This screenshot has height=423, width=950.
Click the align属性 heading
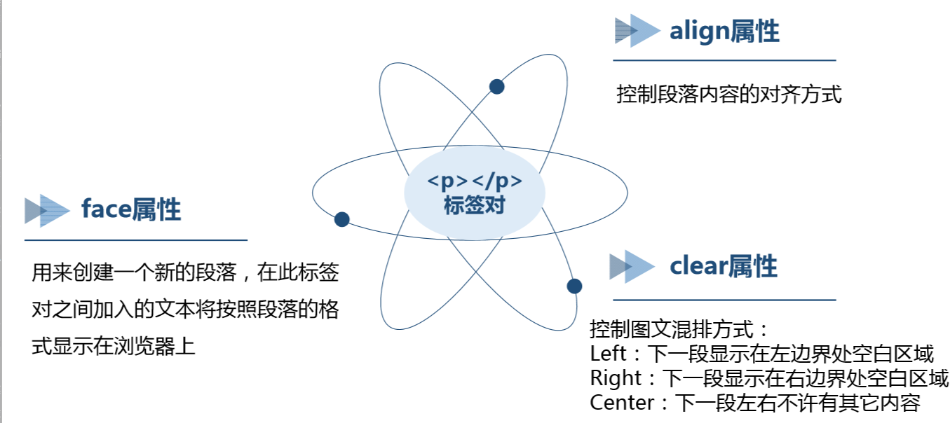click(724, 32)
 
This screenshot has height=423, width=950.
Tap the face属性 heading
click(131, 209)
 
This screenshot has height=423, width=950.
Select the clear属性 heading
click(724, 267)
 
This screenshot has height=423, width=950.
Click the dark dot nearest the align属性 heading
click(496, 86)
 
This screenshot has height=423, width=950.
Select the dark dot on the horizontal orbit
click(341, 219)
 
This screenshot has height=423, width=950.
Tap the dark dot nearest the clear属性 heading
click(574, 286)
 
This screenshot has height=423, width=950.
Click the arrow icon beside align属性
click(637, 31)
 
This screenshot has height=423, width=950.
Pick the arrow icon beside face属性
click(47, 210)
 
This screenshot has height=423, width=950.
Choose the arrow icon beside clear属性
click(631, 266)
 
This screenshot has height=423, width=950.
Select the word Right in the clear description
click(616, 378)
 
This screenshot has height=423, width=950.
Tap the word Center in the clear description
click(621, 403)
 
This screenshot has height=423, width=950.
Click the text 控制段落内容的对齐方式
click(728, 95)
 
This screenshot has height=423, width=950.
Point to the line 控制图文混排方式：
click(680, 328)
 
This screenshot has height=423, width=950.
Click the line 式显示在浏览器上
click(113, 345)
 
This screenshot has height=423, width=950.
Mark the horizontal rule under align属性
click(724, 61)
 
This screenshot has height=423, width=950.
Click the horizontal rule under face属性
click(136, 240)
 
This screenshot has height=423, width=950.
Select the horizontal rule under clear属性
click(724, 300)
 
